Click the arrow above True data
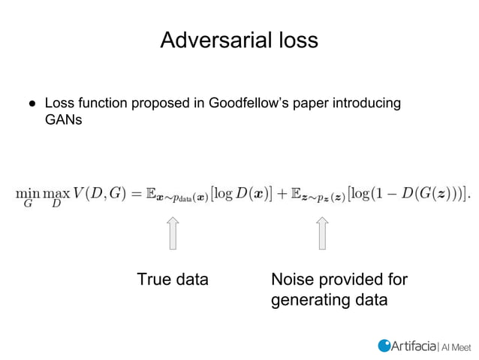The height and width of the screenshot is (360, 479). pyautogui.click(x=172, y=233)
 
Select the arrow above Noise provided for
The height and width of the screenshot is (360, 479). pyautogui.click(x=322, y=233)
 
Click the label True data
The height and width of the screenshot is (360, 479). pyautogui.click(x=172, y=280)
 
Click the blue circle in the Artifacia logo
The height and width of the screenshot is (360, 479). pyautogui.click(x=384, y=345)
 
